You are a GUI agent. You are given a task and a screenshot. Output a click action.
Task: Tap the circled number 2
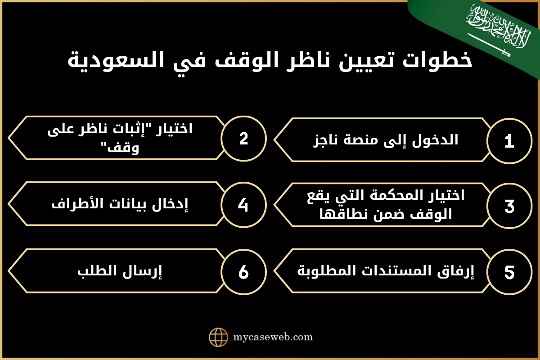(243, 138)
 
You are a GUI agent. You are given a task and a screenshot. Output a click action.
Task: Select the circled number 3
(509, 207)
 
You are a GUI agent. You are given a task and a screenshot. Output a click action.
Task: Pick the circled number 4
(243, 205)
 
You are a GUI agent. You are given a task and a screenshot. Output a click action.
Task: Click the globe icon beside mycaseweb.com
(219, 337)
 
